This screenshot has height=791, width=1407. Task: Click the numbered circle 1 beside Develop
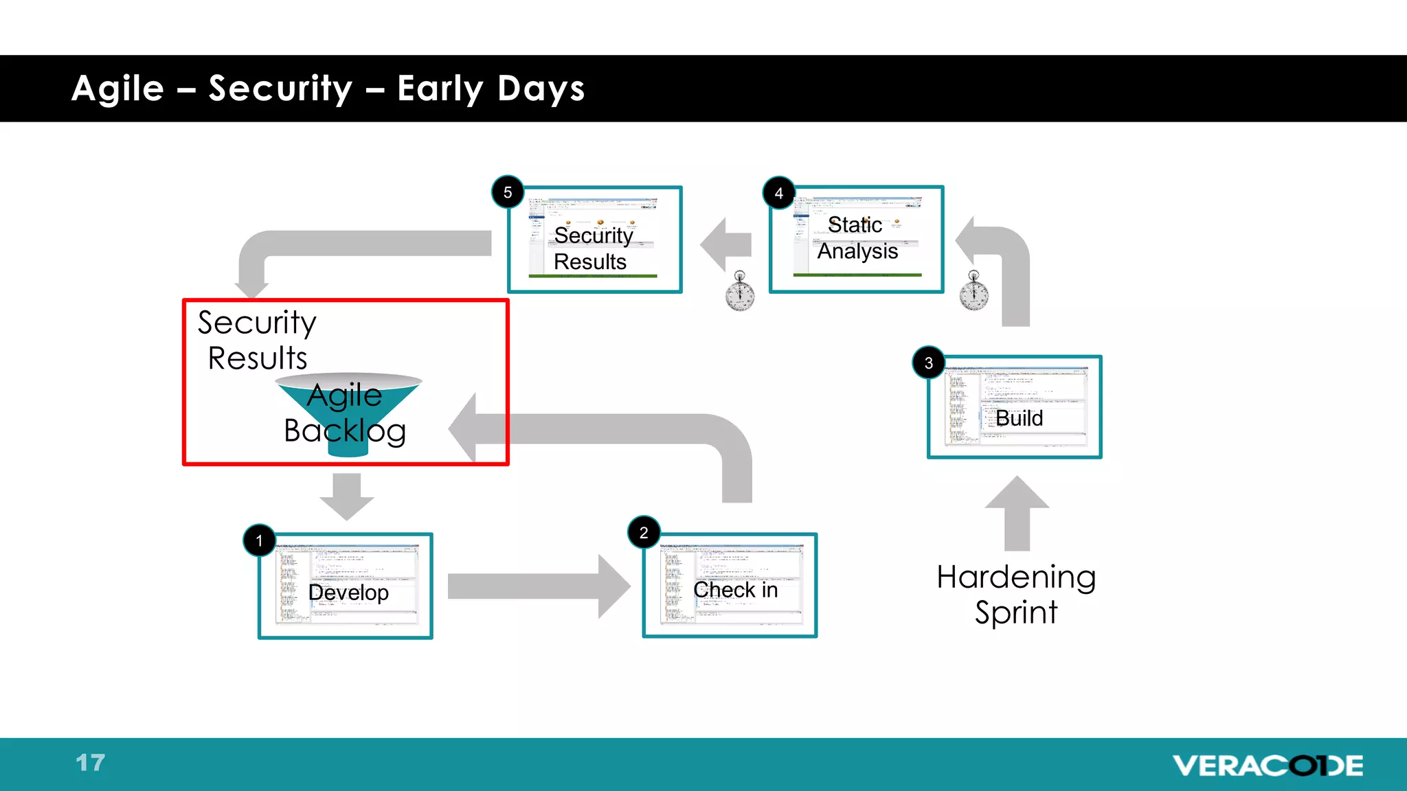click(259, 540)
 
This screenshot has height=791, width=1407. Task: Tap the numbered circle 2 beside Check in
click(644, 532)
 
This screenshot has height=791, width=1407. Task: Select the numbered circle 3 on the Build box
click(928, 363)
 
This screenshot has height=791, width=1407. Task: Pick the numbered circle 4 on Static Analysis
click(778, 193)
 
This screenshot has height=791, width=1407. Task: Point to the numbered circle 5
click(508, 192)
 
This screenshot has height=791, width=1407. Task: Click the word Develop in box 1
click(348, 592)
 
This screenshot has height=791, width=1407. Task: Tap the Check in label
click(735, 590)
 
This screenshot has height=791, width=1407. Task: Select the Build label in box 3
click(1019, 417)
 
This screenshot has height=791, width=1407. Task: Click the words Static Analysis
click(857, 238)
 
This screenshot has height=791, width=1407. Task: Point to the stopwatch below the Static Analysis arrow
click(740, 291)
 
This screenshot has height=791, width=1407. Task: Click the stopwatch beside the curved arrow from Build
click(973, 291)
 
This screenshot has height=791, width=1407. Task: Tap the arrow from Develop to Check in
click(538, 586)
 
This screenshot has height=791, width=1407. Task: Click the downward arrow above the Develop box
click(346, 496)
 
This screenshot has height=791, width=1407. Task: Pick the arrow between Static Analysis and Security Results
click(726, 244)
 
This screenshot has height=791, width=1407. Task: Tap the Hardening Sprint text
click(1016, 595)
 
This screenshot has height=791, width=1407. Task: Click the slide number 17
click(90, 763)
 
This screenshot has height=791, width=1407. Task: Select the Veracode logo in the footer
click(1268, 765)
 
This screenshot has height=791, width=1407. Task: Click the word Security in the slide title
click(280, 89)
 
